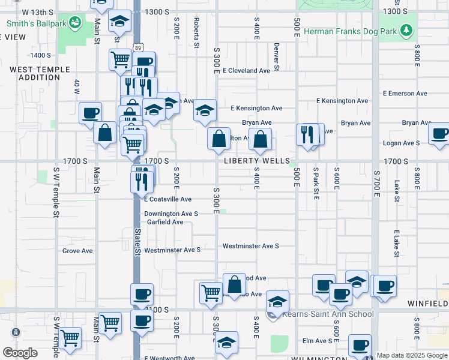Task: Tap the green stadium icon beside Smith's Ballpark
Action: [75, 24]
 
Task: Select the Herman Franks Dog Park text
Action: [351, 31]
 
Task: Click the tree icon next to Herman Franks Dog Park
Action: [407, 30]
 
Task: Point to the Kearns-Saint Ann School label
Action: [328, 314]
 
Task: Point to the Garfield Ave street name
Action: [165, 222]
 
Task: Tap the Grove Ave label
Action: [77, 251]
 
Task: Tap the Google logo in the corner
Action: [20, 353]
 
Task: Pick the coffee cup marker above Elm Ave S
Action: [360, 345]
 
